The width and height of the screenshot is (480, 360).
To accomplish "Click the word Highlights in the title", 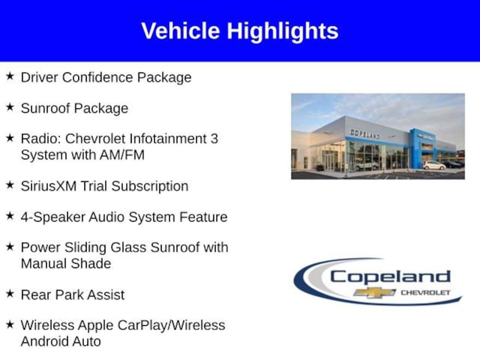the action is point(283,32).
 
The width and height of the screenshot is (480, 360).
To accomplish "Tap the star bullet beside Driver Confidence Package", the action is point(10,76).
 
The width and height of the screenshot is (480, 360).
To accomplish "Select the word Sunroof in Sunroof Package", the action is point(45,108).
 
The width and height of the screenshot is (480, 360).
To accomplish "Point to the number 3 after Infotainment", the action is point(214,139).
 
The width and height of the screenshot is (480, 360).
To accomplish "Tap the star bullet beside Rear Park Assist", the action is point(10,293).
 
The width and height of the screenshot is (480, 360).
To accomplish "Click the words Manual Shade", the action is point(66,263).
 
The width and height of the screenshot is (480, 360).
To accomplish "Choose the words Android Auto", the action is point(60,341).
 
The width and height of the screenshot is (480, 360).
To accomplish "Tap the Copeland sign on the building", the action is point(365,134).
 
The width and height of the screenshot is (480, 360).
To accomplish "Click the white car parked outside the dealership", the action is point(434,165).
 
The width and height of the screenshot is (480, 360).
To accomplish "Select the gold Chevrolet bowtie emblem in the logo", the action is point(375,292).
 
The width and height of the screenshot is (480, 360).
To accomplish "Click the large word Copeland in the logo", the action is point(390,277).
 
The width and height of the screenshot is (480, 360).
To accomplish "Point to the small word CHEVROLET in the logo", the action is point(426,292).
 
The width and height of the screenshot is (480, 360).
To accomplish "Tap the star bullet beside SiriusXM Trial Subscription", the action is point(10,185).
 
